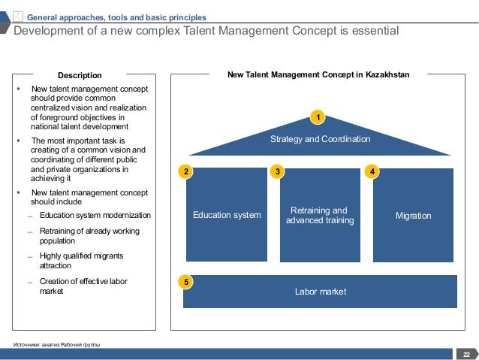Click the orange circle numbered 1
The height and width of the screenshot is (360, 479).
[x=318, y=118]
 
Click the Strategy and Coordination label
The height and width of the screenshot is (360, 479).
[x=320, y=139]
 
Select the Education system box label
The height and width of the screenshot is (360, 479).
[x=227, y=216]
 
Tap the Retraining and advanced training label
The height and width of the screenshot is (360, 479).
[x=320, y=216]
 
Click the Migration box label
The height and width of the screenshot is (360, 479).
[x=413, y=216]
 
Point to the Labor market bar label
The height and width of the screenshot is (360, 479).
[x=321, y=292]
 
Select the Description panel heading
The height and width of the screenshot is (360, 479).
[x=80, y=75]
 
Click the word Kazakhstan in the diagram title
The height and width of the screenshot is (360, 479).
[x=387, y=75]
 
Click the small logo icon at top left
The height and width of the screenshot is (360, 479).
[x=18, y=17]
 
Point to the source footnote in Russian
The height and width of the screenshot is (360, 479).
[x=56, y=345]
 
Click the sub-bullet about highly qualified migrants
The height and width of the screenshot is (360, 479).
[x=81, y=261]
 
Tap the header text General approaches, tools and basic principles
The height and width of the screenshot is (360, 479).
[x=116, y=17]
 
